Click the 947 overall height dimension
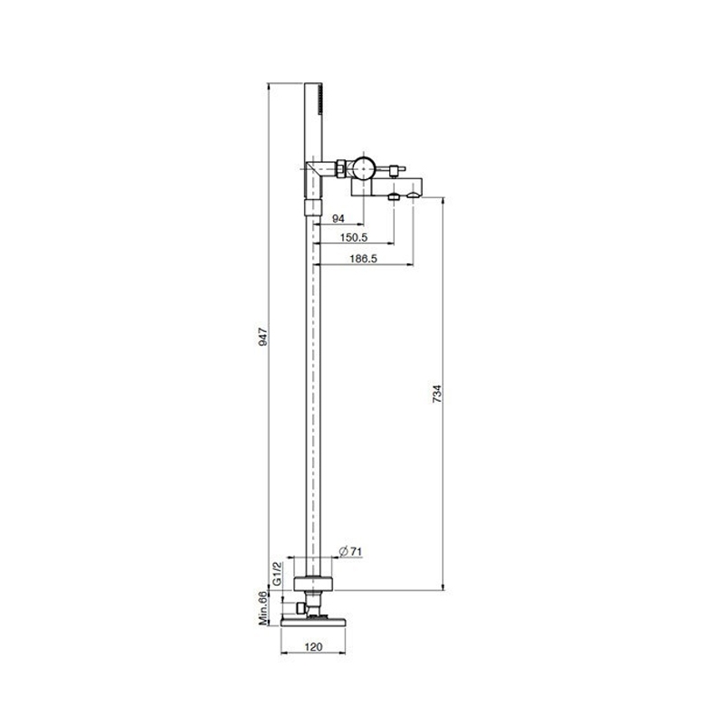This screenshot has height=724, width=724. [x=263, y=337]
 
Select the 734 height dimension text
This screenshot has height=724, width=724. [x=437, y=394]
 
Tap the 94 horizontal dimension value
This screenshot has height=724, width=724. [x=338, y=218]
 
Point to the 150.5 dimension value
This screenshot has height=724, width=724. [x=354, y=237]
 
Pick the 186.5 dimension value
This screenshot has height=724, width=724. [x=364, y=259]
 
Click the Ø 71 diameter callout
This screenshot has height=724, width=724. [x=350, y=551]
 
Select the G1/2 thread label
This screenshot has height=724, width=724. [x=277, y=574]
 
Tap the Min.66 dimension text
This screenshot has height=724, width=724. [x=263, y=608]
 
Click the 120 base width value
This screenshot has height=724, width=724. [x=313, y=647]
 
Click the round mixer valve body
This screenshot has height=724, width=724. [x=364, y=167]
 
